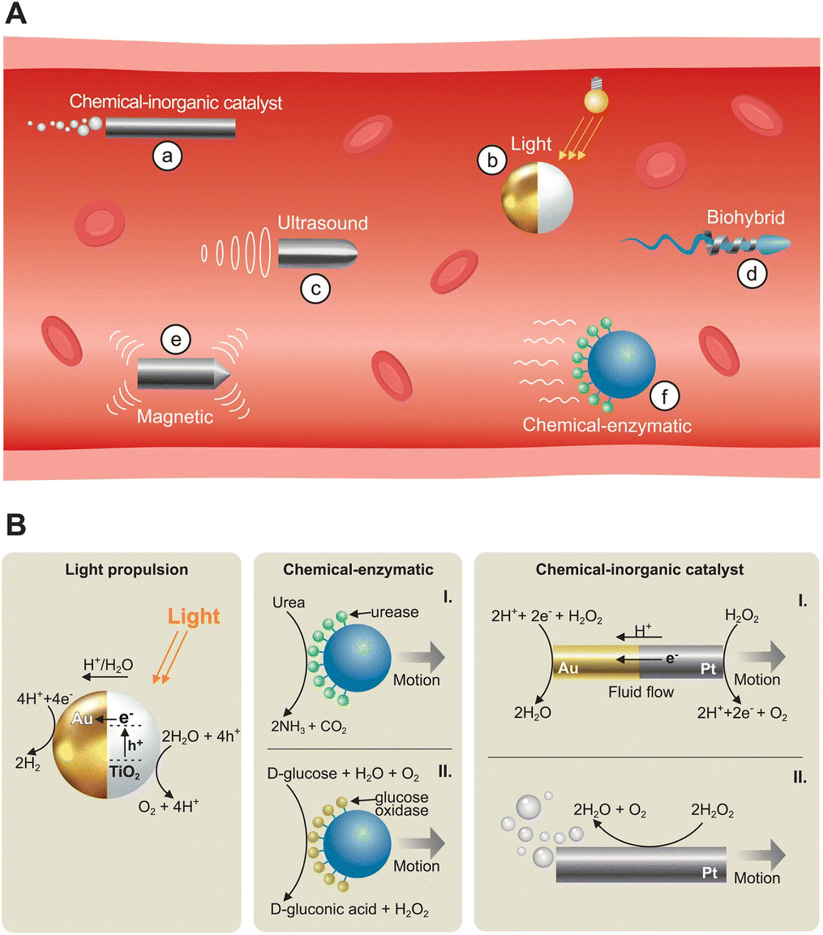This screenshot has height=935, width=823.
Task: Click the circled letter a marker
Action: tap(167, 156)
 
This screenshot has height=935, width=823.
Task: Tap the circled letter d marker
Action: tap(752, 273)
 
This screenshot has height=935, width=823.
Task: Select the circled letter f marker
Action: tap(664, 396)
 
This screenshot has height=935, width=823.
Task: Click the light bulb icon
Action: tap(596, 95)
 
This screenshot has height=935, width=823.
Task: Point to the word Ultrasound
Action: tap(323, 223)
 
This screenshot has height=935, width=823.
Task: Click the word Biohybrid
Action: tap(746, 217)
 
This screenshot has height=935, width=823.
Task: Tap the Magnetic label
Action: tap(175, 416)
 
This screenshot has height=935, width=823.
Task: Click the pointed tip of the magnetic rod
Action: tap(229, 374)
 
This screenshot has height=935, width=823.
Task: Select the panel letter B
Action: tap(16, 525)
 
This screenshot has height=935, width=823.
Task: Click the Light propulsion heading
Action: tap(127, 570)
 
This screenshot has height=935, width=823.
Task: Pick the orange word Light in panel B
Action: tap(194, 616)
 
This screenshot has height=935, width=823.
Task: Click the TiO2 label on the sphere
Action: tap(125, 772)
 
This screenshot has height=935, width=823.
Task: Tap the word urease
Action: tap(394, 612)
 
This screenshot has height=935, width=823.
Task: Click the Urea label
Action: tap(289, 602)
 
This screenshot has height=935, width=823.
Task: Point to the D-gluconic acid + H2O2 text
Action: tap(350, 909)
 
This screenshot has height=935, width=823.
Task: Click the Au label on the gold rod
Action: tap(568, 668)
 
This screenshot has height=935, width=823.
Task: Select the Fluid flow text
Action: tap(641, 692)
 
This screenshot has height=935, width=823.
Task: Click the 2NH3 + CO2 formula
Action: tap(309, 727)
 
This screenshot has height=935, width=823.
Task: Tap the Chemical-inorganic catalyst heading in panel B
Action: tap(640, 570)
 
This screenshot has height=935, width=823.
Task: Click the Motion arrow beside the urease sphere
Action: tap(421, 657)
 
